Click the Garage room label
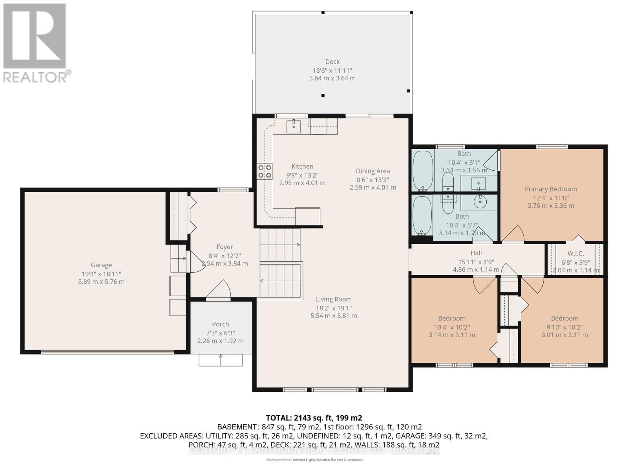[x=101, y=265]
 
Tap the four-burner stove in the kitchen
[x=265, y=172]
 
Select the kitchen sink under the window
[x=294, y=126]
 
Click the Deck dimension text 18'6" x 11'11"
[x=332, y=70]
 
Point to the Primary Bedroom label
[x=551, y=189]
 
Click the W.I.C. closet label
[x=575, y=254]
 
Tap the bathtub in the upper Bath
[x=423, y=171]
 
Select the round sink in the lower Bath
[x=480, y=202]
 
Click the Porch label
[x=220, y=324]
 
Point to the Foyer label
[x=225, y=246]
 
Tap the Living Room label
[x=334, y=299]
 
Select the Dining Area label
[x=372, y=171]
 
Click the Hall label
[x=476, y=253]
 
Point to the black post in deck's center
[x=323, y=95]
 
